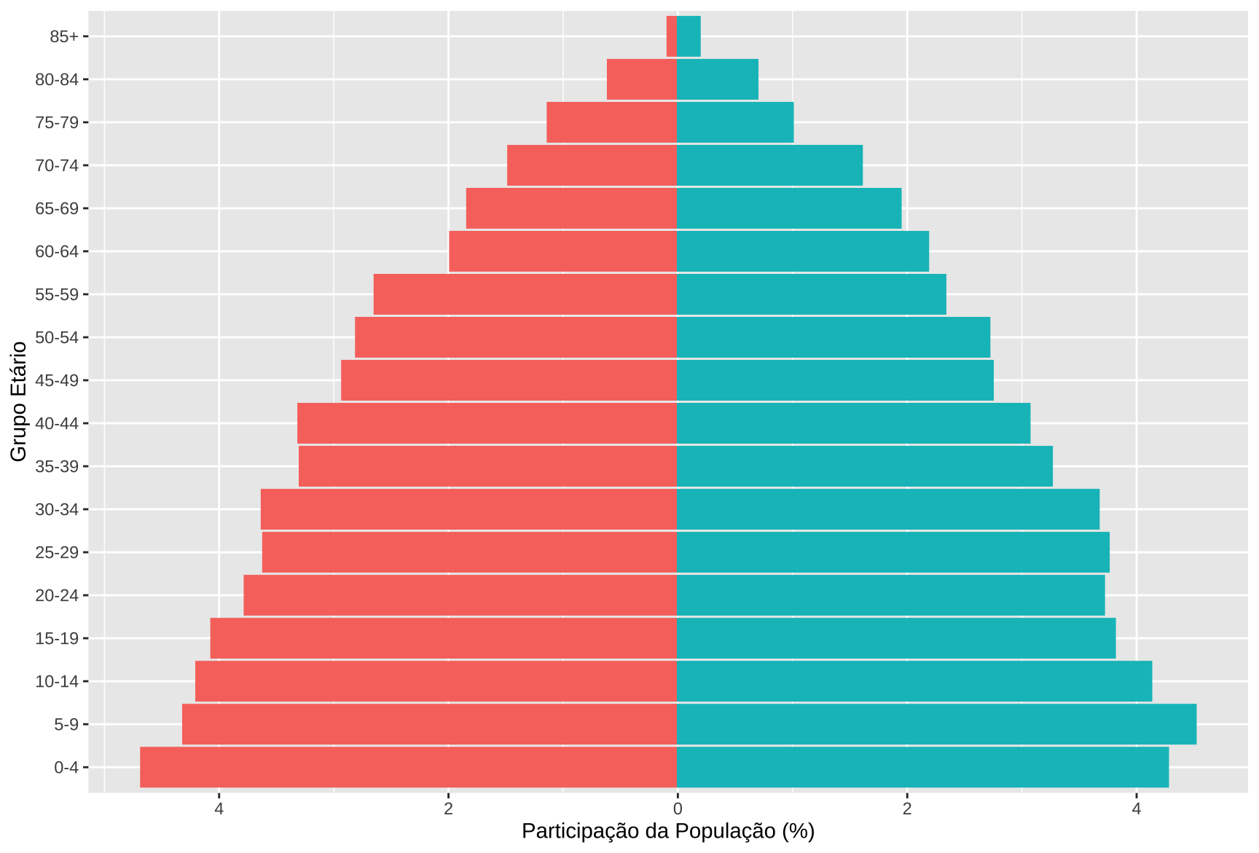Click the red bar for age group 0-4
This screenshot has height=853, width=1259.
coord(408,767)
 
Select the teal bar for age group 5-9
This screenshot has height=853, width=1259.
coord(936,724)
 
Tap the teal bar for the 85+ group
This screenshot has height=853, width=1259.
coord(689,36)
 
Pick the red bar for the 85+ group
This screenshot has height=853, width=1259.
coord(672,36)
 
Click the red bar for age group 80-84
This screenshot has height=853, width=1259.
coord(642,79)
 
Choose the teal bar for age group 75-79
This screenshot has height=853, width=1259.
coord(735,122)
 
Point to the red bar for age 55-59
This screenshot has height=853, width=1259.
coord(525,294)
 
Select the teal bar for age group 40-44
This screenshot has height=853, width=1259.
coord(853,423)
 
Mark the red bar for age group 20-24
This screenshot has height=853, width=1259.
coord(460,595)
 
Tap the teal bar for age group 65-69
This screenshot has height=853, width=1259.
coord(789,208)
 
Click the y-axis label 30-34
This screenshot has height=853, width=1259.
coord(56,510)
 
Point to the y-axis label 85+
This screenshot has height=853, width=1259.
coord(63,37)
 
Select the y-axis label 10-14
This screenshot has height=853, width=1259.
coord(56,682)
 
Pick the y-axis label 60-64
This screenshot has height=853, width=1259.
coord(56,252)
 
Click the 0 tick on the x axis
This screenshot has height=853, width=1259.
coord(678,809)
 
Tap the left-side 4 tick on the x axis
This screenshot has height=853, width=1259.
coord(219,809)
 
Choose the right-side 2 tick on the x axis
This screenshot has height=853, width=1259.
coord(907,809)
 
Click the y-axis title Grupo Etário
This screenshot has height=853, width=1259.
coord(19,401)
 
